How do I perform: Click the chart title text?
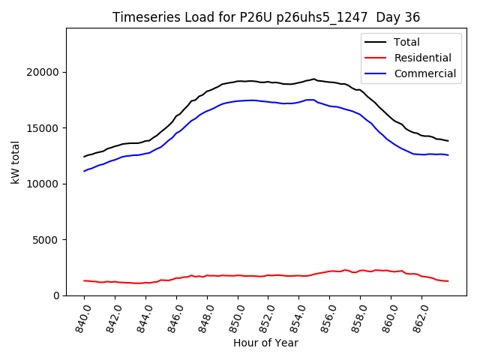[x=265, y=17]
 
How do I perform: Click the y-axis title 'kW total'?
[x=16, y=161]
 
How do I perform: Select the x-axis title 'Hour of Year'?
[x=265, y=343]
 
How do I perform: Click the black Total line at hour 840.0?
[x=84, y=157]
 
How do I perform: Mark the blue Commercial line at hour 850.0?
[x=238, y=100]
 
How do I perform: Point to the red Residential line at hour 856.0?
[x=330, y=271]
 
